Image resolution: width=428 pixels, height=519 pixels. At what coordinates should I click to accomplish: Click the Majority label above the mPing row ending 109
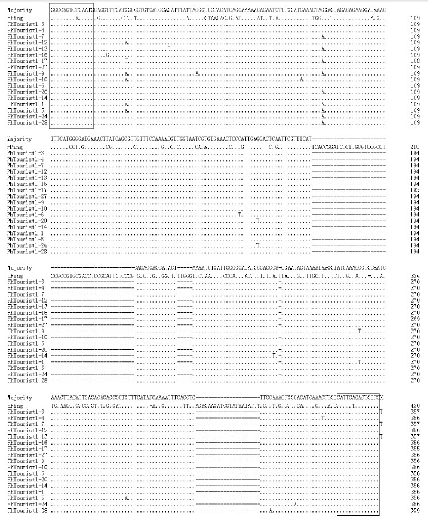(x=20, y=10)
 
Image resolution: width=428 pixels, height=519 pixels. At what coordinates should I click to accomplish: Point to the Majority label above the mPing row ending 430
(x=20, y=398)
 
